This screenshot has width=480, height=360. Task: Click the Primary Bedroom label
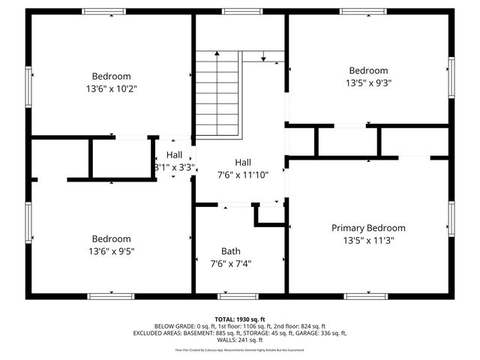tap(368, 228)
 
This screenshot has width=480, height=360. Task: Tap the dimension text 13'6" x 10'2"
tap(112, 88)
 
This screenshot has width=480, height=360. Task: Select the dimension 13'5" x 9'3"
tap(368, 83)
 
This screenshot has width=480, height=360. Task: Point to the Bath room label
tap(231, 251)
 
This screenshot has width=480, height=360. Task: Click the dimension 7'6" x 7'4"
tap(231, 263)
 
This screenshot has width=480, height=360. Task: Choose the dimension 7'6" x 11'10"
tap(243, 175)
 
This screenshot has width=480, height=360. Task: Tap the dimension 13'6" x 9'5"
tap(112, 251)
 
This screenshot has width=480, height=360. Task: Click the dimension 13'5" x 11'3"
tap(368, 241)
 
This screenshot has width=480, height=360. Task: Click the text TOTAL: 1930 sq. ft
tap(240, 319)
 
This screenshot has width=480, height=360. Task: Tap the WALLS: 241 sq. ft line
tap(240, 339)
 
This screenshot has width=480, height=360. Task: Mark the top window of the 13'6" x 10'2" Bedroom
tap(103, 12)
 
